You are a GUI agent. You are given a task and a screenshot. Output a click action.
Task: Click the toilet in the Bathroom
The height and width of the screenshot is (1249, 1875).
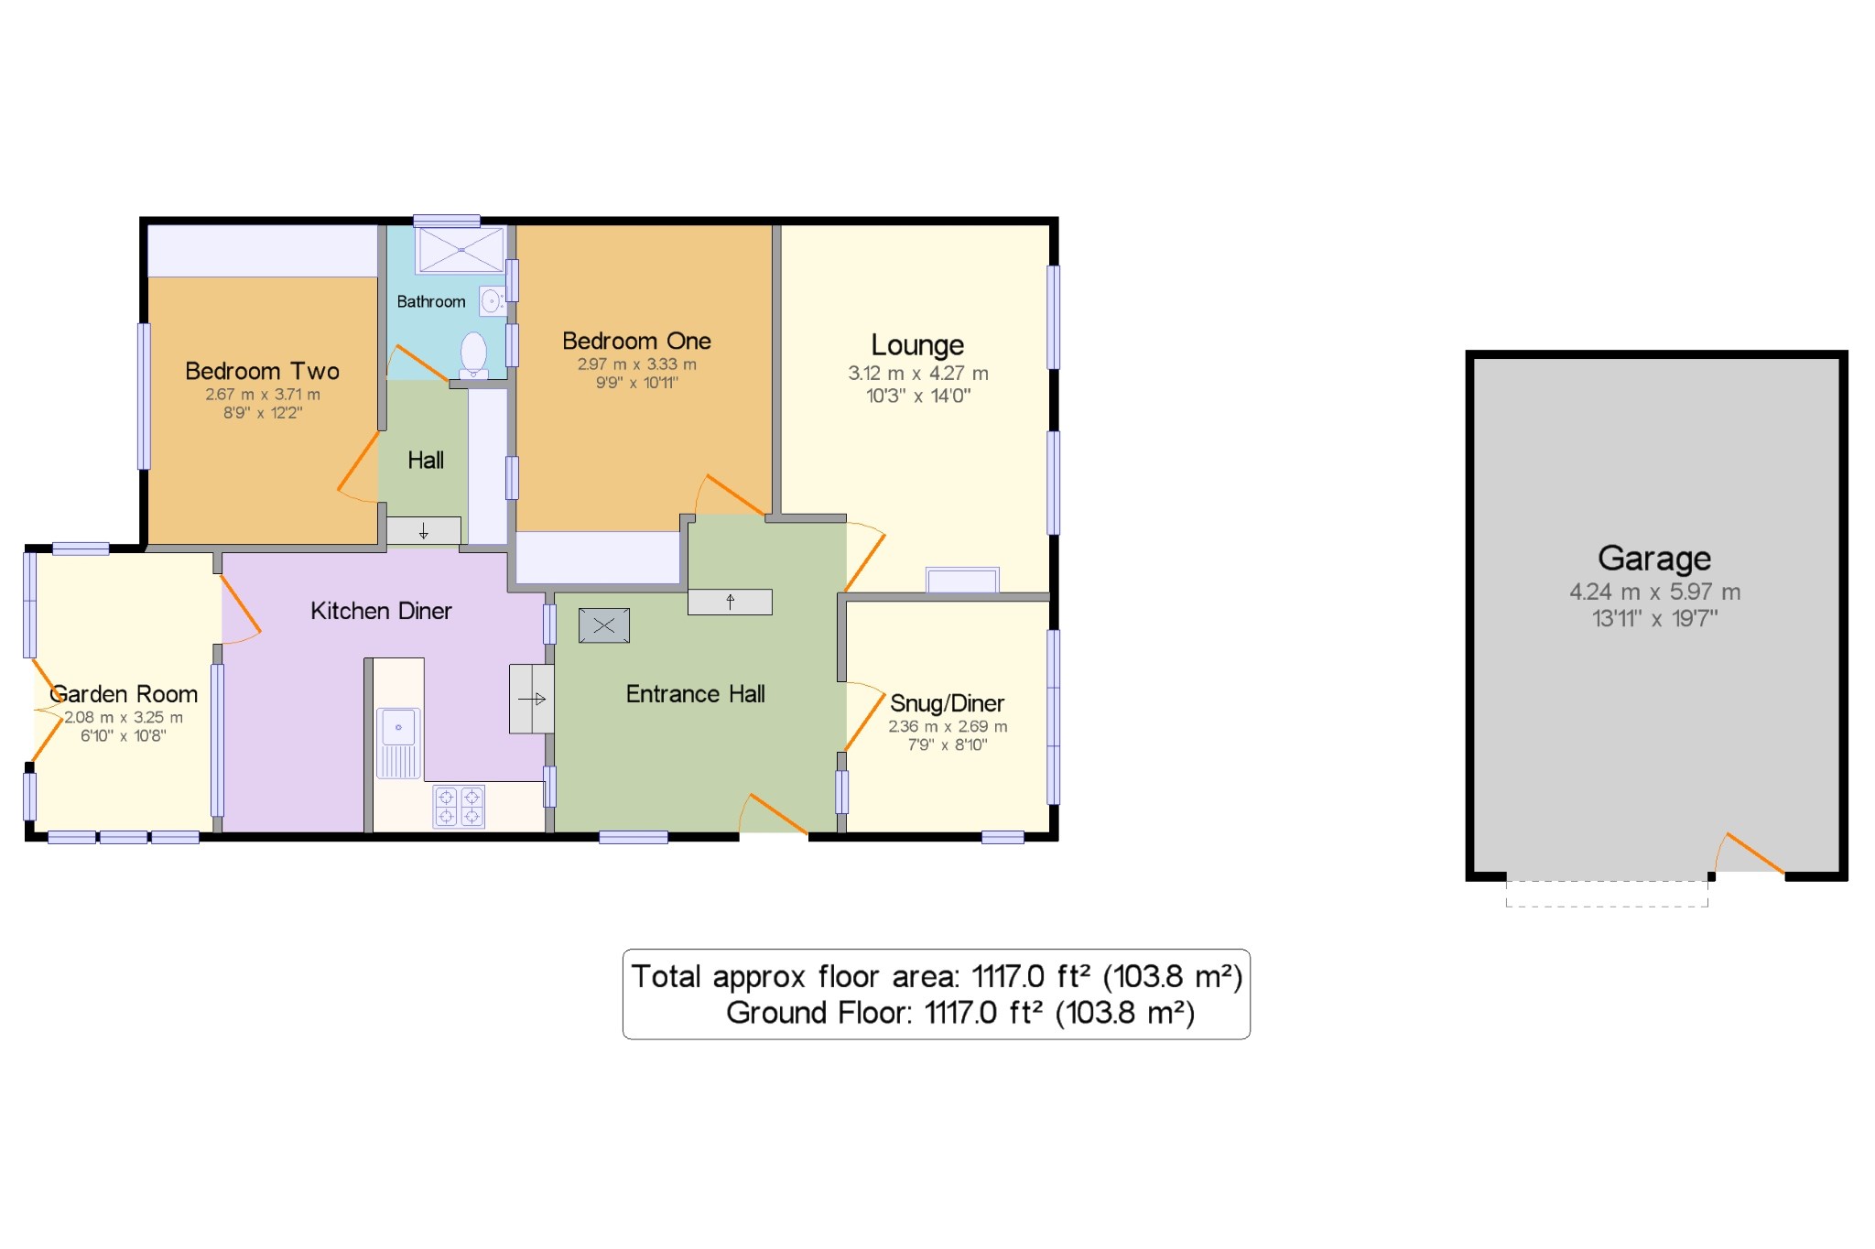click(473, 353)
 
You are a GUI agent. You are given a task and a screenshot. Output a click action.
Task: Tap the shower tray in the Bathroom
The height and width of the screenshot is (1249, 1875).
click(461, 249)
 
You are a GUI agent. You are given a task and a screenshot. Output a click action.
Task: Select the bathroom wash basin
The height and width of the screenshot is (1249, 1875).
click(492, 300)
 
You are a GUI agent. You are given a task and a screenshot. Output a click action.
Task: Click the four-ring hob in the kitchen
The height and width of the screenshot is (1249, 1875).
click(459, 807)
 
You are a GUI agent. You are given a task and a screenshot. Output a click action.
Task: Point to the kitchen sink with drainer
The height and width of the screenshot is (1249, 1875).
click(398, 743)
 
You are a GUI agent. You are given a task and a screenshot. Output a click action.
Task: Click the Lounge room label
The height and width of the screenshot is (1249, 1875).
click(917, 345)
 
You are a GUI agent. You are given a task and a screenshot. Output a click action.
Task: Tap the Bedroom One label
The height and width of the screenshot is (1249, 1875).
click(636, 342)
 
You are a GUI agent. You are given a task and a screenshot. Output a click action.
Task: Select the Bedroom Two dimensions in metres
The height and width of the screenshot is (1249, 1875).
click(263, 395)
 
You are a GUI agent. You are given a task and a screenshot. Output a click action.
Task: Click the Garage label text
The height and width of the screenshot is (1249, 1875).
click(1654, 559)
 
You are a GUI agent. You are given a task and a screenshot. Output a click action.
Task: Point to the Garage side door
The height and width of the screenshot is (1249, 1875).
click(1752, 853)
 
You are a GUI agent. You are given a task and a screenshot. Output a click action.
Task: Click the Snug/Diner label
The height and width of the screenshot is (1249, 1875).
click(947, 703)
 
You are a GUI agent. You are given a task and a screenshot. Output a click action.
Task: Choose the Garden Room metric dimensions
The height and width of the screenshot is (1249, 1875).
click(124, 718)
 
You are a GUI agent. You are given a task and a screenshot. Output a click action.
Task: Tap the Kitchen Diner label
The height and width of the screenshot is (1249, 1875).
click(381, 611)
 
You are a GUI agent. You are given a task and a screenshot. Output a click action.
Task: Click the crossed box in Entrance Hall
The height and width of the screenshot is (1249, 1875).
click(604, 626)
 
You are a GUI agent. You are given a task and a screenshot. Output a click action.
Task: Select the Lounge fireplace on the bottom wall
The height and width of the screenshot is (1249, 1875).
click(961, 581)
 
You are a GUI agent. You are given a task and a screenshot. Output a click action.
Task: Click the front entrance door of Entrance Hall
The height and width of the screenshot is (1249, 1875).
click(776, 814)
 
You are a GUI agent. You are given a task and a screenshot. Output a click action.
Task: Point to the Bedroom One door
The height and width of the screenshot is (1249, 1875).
click(733, 495)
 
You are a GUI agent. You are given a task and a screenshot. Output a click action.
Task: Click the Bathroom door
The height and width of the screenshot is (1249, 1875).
click(420, 363)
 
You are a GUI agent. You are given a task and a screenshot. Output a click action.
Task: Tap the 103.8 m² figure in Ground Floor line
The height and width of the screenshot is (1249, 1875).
click(1125, 1013)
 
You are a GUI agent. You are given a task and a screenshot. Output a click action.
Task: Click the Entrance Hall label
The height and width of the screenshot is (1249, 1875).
click(695, 694)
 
